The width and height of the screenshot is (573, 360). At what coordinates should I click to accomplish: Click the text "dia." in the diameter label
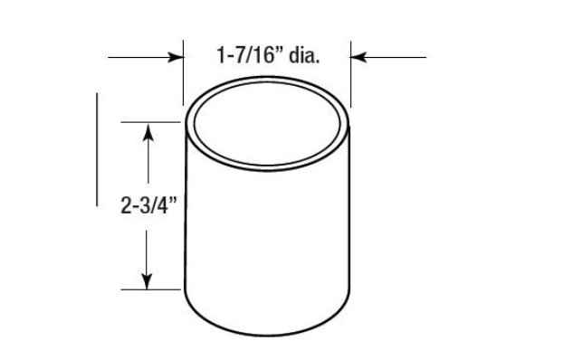[x=304, y=55]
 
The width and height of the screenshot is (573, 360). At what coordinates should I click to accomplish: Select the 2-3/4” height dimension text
[x=148, y=204]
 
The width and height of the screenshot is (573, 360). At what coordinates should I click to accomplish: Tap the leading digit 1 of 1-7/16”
[x=221, y=55]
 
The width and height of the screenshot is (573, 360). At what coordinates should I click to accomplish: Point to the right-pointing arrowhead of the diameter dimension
[x=176, y=57]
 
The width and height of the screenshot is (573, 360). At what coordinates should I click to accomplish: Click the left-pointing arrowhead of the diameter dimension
[x=358, y=57]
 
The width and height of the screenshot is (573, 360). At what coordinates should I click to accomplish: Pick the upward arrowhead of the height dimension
[x=148, y=133]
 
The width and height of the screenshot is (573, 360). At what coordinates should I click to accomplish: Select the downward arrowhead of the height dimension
[x=147, y=280]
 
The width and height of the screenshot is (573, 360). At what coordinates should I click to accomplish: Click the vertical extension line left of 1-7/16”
[x=183, y=72]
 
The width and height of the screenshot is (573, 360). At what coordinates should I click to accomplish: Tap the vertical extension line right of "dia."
[x=351, y=74]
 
